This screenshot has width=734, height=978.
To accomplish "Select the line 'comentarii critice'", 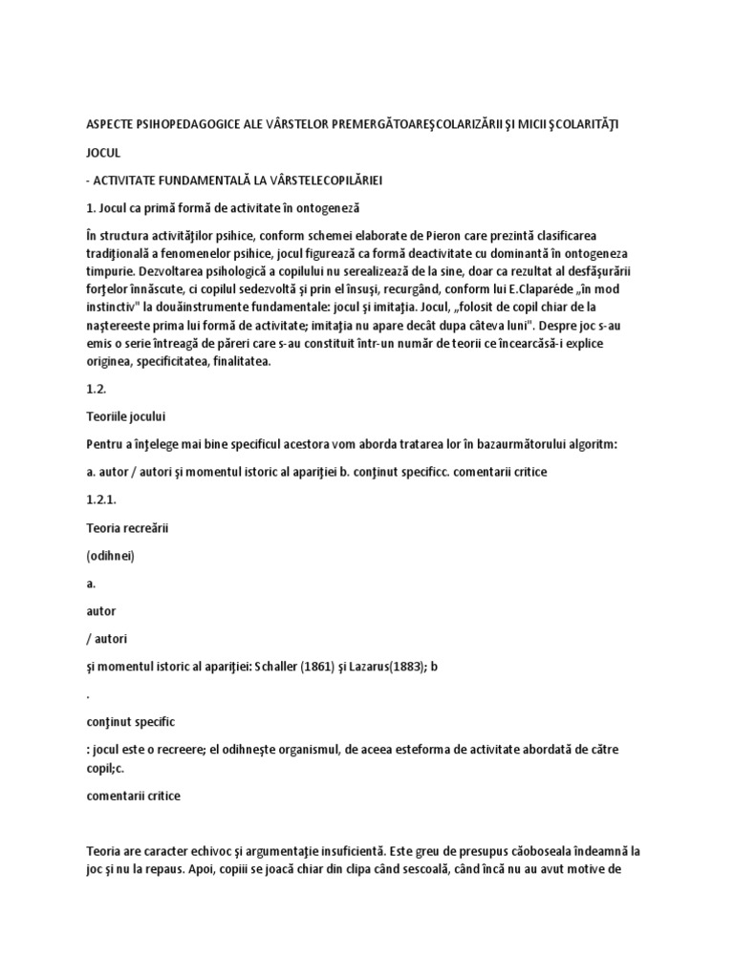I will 133,795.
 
